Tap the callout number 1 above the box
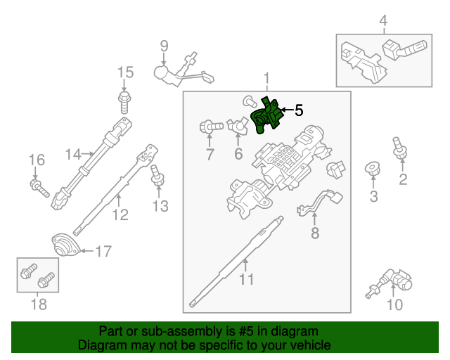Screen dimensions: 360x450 (266, 78)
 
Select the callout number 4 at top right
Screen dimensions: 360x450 (383, 22)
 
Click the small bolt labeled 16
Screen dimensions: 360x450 (39, 187)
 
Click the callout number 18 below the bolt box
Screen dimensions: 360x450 (39, 304)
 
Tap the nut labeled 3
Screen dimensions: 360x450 (373, 169)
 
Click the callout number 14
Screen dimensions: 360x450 (74, 154)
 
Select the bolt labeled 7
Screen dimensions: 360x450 (210, 127)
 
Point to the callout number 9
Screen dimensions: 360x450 (164, 46)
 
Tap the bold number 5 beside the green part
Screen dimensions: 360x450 (298, 110)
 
